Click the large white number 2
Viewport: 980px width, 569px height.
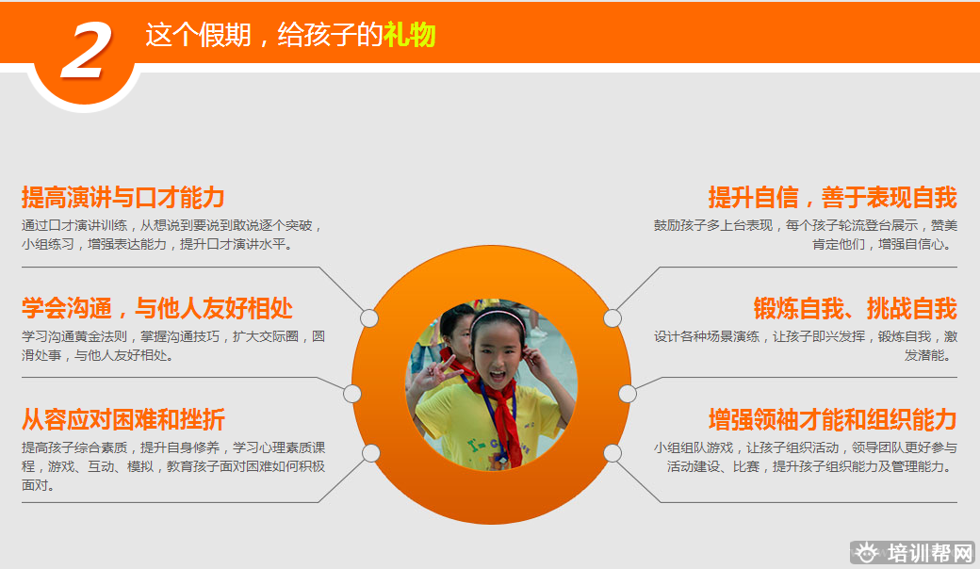point(86,51)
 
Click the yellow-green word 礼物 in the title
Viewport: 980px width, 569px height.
point(409,35)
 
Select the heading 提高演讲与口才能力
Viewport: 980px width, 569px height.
point(123,198)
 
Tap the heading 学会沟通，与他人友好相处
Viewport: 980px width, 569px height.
point(156,309)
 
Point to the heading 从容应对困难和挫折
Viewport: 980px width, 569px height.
point(123,420)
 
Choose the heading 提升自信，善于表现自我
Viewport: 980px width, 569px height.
point(832,198)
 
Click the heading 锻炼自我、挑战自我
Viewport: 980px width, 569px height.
point(855,309)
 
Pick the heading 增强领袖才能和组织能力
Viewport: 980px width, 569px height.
point(832,420)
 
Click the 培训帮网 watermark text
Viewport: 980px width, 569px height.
point(930,553)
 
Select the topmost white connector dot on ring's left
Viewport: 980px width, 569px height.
point(369,318)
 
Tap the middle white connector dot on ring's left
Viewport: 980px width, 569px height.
point(351,394)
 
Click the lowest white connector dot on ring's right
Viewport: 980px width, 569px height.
point(612,453)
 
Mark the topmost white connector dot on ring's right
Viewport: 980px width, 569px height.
point(612,318)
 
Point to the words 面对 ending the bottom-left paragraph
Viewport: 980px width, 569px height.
point(36,485)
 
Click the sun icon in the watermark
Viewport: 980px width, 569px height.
point(866,553)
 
